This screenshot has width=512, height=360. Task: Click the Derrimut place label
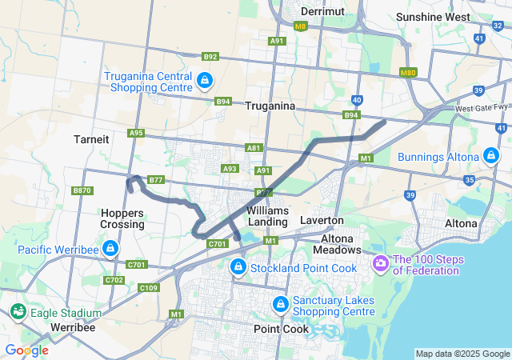[322, 12]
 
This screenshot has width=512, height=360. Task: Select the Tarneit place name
[90, 138]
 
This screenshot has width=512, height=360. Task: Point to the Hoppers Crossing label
[123, 218]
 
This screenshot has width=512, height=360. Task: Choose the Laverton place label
[322, 219]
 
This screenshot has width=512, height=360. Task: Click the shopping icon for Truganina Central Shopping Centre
[206, 80]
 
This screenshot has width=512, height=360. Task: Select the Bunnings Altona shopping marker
[492, 154]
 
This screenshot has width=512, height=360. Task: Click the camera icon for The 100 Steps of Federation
[380, 262]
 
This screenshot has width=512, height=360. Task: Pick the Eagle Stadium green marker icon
[17, 312]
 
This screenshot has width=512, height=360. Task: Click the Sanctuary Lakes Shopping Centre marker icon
[281, 305]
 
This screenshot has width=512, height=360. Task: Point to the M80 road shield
[407, 73]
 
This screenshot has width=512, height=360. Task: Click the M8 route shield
[300, 26]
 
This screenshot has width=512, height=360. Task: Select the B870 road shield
[82, 190]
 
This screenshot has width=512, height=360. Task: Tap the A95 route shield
[136, 133]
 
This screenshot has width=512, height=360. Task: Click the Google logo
[26, 350]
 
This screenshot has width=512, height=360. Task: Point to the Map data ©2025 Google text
[462, 354]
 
